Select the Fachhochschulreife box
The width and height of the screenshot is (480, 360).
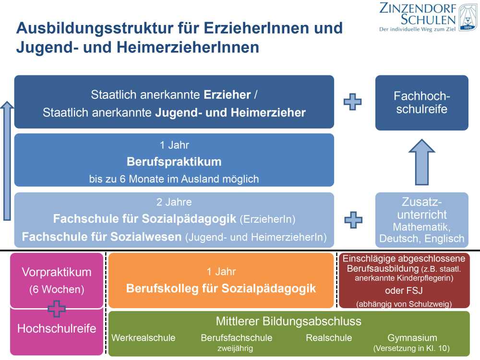[x=421, y=102]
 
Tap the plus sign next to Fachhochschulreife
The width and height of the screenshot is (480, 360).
[x=353, y=102]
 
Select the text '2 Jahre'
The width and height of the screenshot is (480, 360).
[x=174, y=202]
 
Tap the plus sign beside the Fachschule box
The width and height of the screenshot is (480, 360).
[x=353, y=219]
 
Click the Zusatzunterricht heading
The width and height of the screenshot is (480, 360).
[x=422, y=208]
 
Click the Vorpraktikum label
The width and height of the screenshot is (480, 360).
[x=57, y=272]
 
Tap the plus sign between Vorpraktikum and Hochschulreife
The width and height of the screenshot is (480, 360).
[x=57, y=308]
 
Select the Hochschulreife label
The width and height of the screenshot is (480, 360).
[x=57, y=329]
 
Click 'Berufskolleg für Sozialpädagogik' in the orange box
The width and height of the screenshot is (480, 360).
[x=221, y=288]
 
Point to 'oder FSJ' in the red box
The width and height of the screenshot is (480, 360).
[x=404, y=291]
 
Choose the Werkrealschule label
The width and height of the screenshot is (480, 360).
[x=143, y=337]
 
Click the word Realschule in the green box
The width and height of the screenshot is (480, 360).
[x=329, y=337]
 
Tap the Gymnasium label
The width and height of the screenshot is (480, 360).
[x=412, y=337]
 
